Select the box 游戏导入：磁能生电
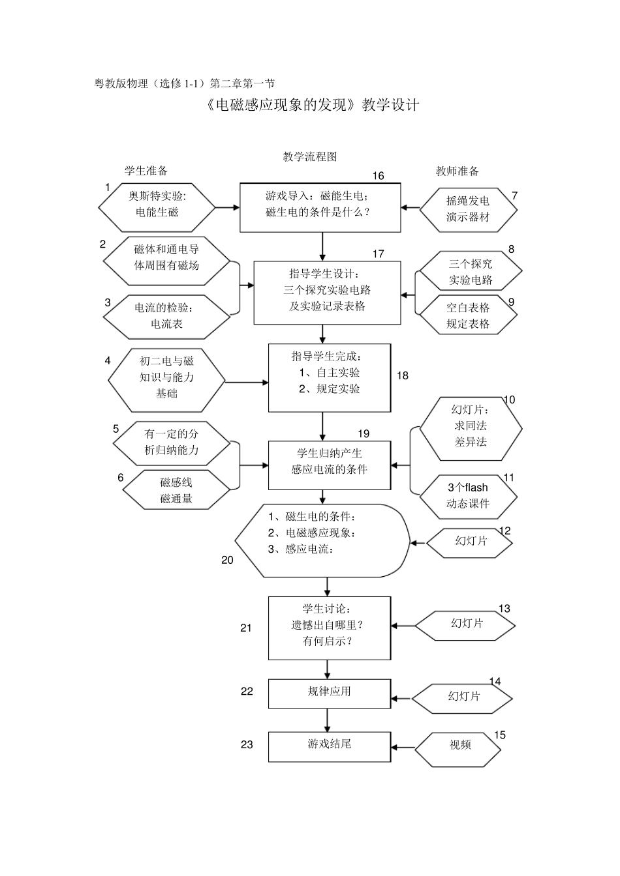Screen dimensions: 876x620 (320, 207)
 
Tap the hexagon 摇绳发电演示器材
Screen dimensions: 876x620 (468, 209)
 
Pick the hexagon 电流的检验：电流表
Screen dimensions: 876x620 (166, 316)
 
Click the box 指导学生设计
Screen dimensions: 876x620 (327, 293)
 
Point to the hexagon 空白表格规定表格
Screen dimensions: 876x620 (468, 315)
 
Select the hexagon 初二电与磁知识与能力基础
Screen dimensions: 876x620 (166, 377)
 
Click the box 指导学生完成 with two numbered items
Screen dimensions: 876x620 (330, 377)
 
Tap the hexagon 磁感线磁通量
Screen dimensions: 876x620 (176, 490)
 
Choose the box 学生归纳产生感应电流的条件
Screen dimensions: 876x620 (330, 465)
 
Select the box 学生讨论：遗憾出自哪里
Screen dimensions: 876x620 (330, 628)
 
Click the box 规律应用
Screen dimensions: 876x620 (330, 693)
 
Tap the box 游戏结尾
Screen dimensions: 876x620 (330, 746)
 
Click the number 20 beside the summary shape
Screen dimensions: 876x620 (227, 560)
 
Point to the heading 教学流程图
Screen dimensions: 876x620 (310, 156)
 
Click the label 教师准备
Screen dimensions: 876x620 (457, 171)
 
